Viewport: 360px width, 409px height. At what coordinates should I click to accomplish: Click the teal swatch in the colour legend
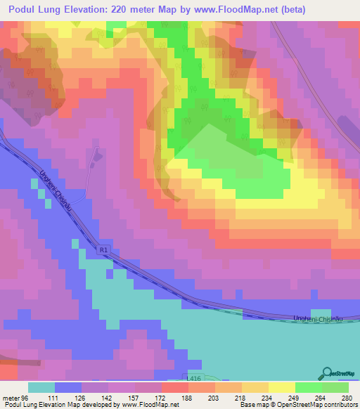(41, 387)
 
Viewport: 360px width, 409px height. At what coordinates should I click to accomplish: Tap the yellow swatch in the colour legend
(282, 387)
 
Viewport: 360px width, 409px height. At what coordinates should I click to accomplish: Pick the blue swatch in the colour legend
(68, 387)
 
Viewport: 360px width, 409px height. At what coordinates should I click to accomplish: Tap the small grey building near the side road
(98, 152)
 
